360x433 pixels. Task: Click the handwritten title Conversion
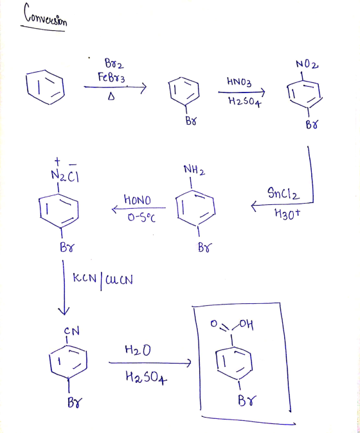tap(45, 15)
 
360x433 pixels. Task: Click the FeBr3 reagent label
tap(111, 77)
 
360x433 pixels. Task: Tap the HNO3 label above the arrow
tap(239, 82)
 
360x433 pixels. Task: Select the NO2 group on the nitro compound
tap(307, 64)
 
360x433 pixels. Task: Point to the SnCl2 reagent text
tap(283, 193)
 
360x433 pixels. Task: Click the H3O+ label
tap(287, 214)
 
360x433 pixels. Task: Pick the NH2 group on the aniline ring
tap(195, 170)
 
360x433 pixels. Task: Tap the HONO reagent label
tap(138, 200)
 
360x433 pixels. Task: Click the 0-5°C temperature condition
tap(141, 218)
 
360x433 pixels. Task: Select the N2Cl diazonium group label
tap(65, 176)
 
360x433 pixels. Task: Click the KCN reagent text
tap(85, 278)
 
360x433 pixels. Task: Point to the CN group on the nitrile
tap(72, 331)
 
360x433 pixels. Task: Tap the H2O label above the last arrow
tap(138, 350)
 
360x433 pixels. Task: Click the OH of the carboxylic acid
tap(246, 324)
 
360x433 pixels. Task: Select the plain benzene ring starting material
tap(45, 87)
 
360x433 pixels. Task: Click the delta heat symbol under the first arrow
tap(111, 96)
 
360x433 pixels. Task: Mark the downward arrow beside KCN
tap(64, 287)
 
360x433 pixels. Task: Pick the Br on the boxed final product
tap(247, 400)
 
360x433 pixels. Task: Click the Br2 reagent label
tap(114, 64)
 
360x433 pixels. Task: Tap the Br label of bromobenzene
tap(191, 121)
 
